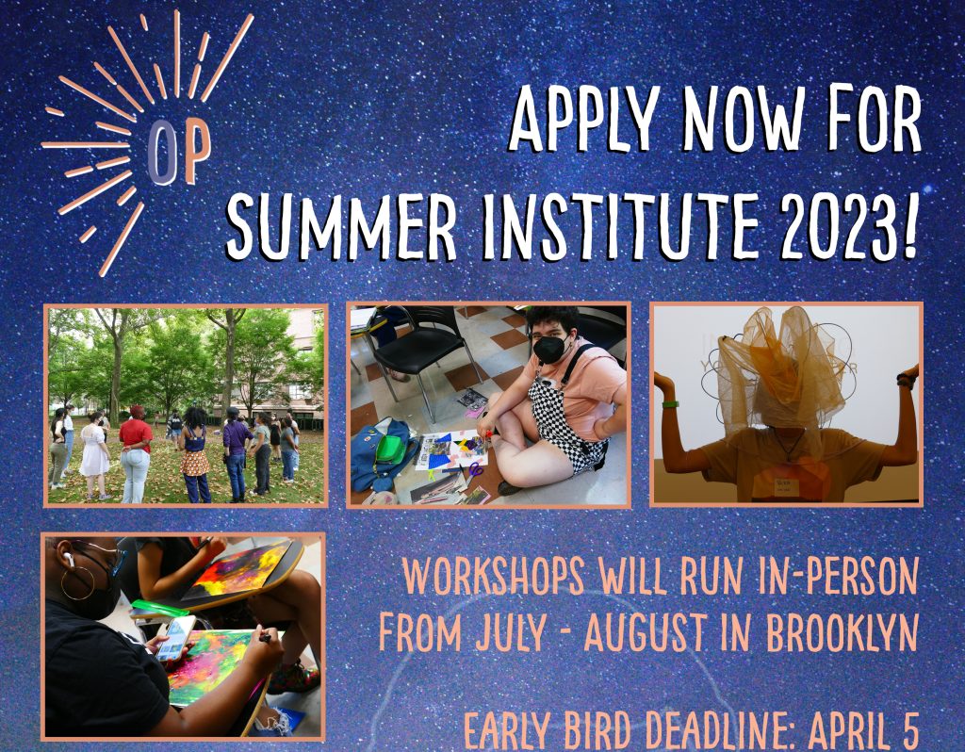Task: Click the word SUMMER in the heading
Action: [x=341, y=226]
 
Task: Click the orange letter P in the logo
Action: [x=196, y=151]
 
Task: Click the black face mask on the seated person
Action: [x=549, y=349]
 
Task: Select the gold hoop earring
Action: [x=77, y=582]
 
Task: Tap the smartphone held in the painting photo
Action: [x=176, y=638]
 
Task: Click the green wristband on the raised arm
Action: [x=670, y=404]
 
